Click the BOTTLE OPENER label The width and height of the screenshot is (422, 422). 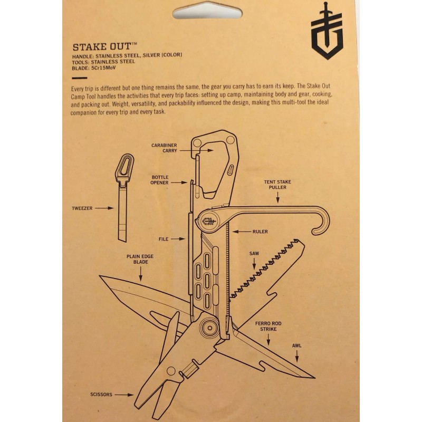[x=160, y=180]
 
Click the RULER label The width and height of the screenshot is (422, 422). [x=260, y=232]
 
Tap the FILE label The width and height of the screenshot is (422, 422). [x=164, y=239]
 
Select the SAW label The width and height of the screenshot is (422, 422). [x=254, y=254]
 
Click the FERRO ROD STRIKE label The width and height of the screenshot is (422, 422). [x=266, y=325]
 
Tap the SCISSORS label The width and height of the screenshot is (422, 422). [x=102, y=394]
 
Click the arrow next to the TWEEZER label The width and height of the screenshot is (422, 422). [x=104, y=208]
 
